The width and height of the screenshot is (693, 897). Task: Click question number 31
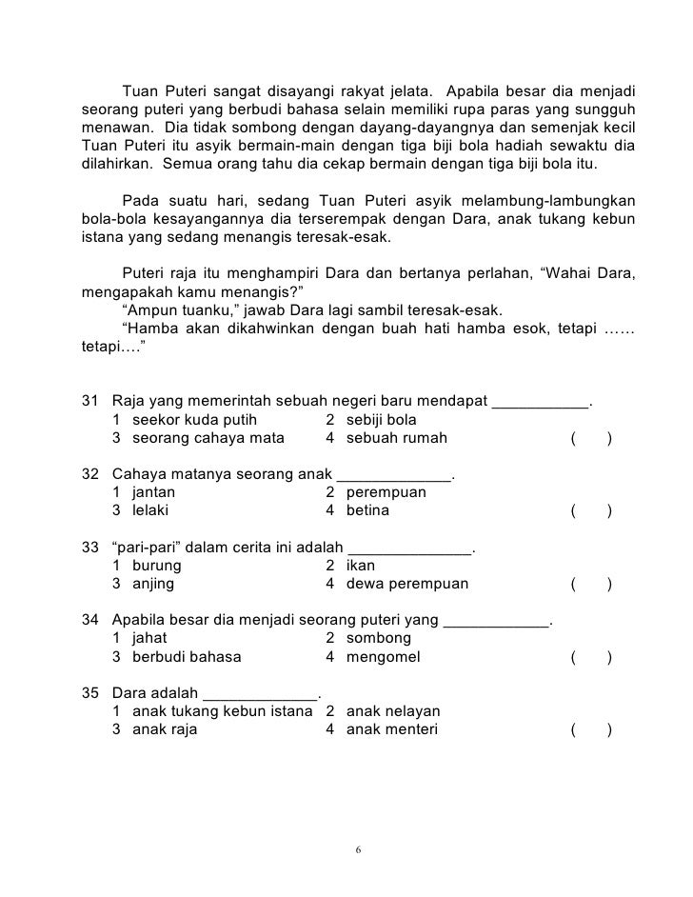pyautogui.click(x=91, y=402)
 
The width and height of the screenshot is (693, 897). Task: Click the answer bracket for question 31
pyautogui.click(x=591, y=438)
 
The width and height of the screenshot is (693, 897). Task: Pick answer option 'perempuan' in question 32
pyautogui.click(x=386, y=492)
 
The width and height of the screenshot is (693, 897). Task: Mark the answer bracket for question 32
pyautogui.click(x=591, y=510)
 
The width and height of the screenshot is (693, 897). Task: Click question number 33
pyautogui.click(x=91, y=548)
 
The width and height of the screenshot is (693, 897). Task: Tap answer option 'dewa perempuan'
pyautogui.click(x=407, y=584)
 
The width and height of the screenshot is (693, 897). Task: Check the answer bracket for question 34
pyautogui.click(x=591, y=657)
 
